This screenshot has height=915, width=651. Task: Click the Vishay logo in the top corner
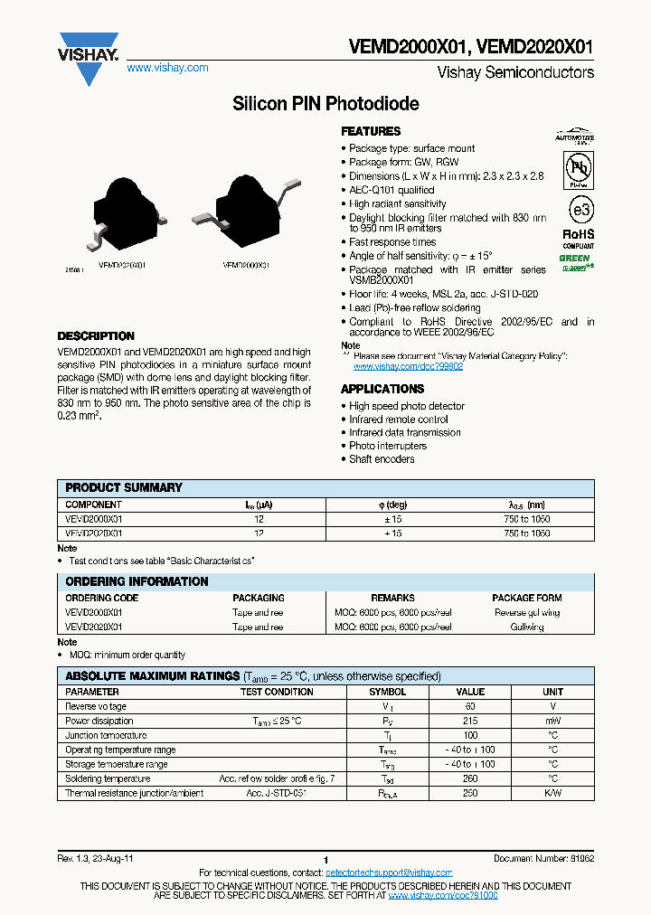tap(88, 57)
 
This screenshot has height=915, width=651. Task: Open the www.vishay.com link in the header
tap(167, 68)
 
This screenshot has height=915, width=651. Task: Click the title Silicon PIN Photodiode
tap(325, 104)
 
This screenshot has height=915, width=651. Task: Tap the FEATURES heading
tap(371, 131)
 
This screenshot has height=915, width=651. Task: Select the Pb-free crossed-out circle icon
tap(579, 169)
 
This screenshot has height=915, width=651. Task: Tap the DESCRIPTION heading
tap(96, 336)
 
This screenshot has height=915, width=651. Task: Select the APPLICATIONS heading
tap(382, 389)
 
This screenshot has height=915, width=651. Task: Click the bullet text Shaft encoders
tap(382, 459)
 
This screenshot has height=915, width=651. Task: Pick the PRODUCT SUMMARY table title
tap(124, 487)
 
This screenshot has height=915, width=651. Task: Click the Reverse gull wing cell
tap(527, 612)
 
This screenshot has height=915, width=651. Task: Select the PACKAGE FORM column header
tap(527, 598)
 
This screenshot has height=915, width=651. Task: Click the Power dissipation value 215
tap(470, 721)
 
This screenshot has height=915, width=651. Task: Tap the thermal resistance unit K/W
tap(552, 793)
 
